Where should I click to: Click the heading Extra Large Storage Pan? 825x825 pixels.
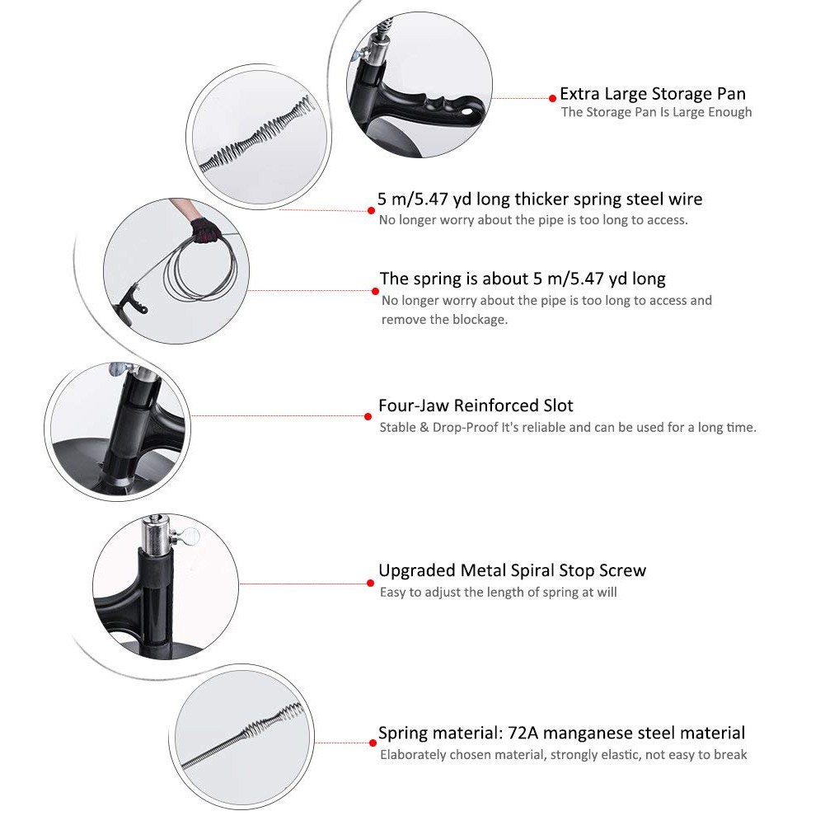[x=652, y=93]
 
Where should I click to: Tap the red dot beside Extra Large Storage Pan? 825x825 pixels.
[x=552, y=98]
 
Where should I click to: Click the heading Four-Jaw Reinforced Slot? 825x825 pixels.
[x=476, y=405]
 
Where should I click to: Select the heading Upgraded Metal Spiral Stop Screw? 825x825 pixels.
[x=512, y=570]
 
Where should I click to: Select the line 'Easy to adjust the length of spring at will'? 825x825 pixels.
[x=498, y=592]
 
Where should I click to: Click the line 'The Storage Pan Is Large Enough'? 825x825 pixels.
[x=656, y=112]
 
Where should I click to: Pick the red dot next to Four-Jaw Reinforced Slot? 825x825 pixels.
[x=371, y=415]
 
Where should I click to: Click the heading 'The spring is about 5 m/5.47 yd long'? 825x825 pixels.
[x=523, y=279]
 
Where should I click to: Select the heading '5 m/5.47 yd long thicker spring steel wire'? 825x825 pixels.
[x=540, y=199]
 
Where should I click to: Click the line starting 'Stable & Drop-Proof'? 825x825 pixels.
[x=567, y=427]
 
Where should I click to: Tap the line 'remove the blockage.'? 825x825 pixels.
[x=443, y=319]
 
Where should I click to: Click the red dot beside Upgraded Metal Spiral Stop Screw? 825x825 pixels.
[x=371, y=583]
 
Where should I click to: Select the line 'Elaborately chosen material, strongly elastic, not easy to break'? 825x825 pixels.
[x=563, y=754]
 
